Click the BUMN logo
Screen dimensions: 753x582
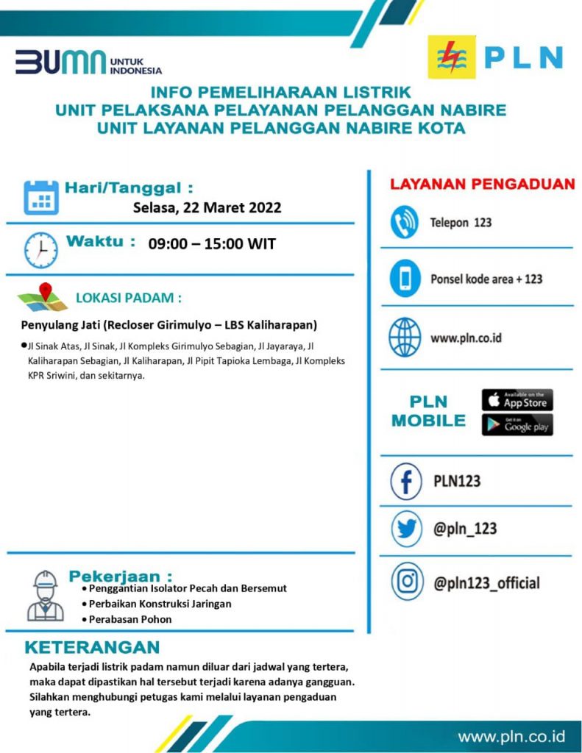click(x=88, y=64)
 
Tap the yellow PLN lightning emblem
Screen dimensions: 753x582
click(x=452, y=58)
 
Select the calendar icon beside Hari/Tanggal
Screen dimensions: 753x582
click(x=40, y=198)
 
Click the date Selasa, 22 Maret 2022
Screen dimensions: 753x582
click(x=207, y=207)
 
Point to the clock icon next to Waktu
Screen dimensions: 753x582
click(x=40, y=250)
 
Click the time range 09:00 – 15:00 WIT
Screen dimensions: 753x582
click(x=212, y=244)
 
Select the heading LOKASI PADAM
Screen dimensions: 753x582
click(x=129, y=299)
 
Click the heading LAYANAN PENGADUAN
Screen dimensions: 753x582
click(x=482, y=185)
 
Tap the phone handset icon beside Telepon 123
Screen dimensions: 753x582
click(x=404, y=223)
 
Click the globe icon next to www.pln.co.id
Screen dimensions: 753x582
click(x=404, y=338)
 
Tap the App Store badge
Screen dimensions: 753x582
click(x=517, y=400)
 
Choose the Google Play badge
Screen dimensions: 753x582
click(x=517, y=425)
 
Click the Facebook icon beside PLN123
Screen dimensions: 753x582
click(x=405, y=481)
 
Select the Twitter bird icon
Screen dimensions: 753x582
click(x=405, y=529)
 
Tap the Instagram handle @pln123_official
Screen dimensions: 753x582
click(x=486, y=583)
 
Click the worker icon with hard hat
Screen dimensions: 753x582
click(x=45, y=596)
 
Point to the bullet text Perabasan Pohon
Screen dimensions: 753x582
click(x=130, y=619)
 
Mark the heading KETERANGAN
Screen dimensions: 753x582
click(x=92, y=648)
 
